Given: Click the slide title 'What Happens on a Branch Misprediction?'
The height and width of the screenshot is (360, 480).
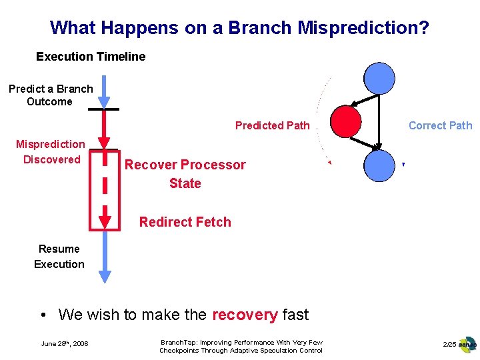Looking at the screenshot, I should coord(239,28).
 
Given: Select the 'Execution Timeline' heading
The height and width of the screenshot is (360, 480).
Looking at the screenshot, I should coord(91,57).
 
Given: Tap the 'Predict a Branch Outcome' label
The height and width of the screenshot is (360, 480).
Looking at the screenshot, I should coord(51,95).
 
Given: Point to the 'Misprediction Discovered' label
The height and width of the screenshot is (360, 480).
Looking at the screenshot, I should coord(51,152).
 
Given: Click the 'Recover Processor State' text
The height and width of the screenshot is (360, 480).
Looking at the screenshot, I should coord(185,174).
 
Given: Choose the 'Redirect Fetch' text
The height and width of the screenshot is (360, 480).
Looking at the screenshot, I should coord(185,222).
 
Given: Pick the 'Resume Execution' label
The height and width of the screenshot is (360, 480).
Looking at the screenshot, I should coord(59,257).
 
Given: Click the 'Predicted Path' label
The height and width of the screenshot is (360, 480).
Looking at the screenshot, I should coord(272,125).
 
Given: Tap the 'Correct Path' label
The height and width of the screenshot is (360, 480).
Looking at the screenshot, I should coord(440,125).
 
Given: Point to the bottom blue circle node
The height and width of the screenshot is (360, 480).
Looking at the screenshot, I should coord(380,166).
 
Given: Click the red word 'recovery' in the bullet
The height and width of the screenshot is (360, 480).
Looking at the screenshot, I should coord(245,314).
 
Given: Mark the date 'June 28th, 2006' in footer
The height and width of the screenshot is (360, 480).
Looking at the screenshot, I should coord(65,344).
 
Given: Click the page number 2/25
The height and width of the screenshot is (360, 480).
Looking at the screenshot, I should coord(449,344).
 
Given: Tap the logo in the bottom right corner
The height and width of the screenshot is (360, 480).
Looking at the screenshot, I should coord(467,345).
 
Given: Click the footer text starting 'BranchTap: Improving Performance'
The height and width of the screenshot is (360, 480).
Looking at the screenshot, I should coord(241,346).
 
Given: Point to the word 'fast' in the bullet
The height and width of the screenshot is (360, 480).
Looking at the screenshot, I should coord(295,314).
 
